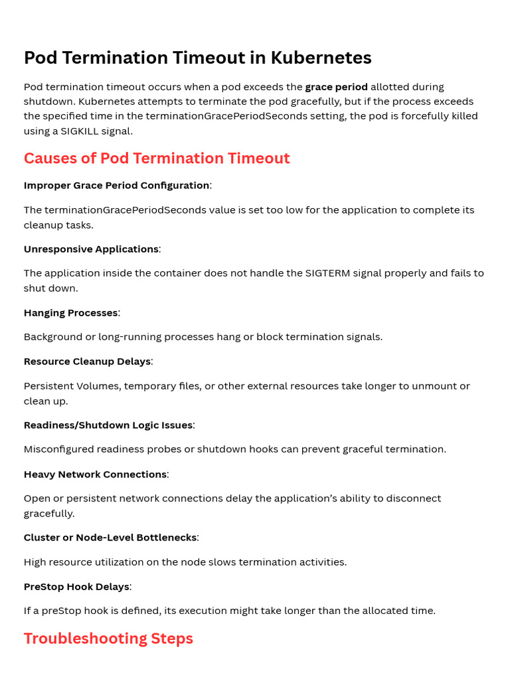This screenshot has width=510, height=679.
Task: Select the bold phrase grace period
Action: tap(336, 87)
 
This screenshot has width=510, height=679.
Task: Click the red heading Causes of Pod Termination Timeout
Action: tap(157, 158)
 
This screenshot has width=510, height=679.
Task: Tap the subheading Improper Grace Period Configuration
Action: tap(116, 186)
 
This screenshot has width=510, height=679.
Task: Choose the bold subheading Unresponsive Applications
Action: tap(91, 249)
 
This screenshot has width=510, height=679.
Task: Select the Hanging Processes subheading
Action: tap(70, 313)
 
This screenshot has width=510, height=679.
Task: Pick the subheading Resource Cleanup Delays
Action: tap(87, 361)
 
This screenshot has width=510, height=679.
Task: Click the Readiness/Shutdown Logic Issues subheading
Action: tap(108, 425)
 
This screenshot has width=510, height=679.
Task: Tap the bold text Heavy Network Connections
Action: tap(95, 475)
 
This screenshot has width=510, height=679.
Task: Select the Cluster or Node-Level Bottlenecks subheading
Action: tap(110, 538)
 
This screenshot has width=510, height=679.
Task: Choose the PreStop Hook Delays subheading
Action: tap(76, 587)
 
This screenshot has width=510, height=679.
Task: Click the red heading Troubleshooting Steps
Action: tap(108, 639)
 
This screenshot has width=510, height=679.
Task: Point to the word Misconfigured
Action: tap(58, 450)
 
